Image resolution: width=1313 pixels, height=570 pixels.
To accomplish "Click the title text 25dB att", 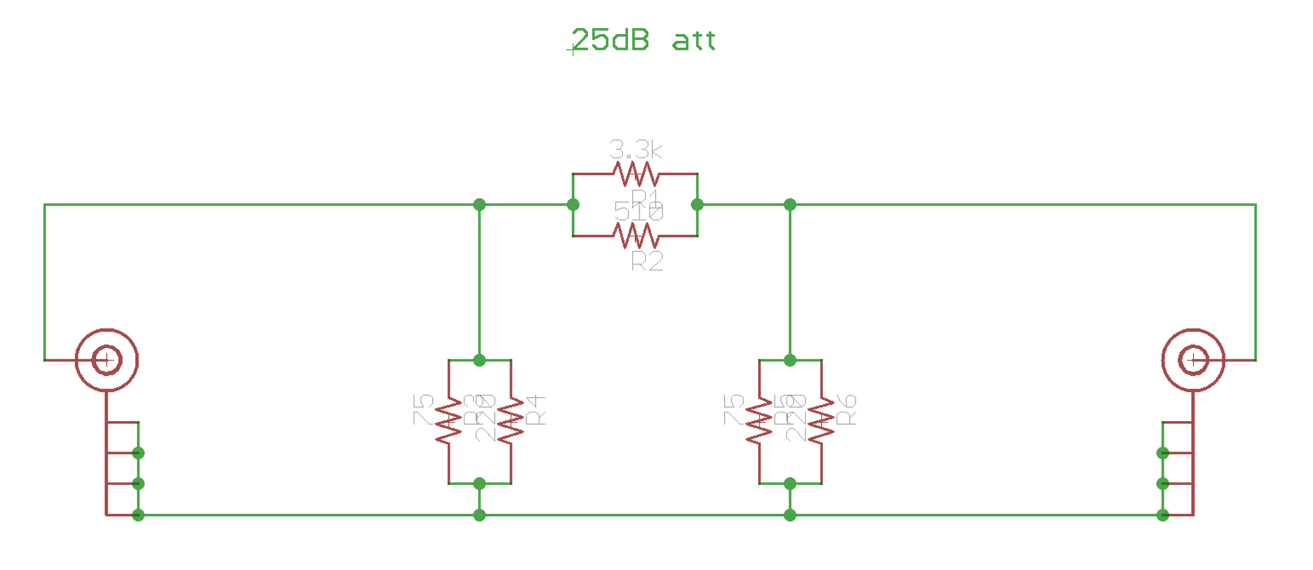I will pyautogui.click(x=643, y=40).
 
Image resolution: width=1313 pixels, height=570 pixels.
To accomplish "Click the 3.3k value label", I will pyautogui.click(x=636, y=150).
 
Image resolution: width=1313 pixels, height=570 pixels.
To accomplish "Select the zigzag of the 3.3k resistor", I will pyautogui.click(x=635, y=174).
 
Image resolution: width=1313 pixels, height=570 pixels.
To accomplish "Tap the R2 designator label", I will pyautogui.click(x=647, y=261).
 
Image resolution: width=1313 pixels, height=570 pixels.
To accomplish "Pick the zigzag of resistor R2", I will pyautogui.click(x=635, y=236).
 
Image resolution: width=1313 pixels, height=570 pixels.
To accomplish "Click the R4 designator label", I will pyautogui.click(x=535, y=410).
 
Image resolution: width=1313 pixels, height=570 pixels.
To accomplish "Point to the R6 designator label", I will pyautogui.click(x=846, y=410).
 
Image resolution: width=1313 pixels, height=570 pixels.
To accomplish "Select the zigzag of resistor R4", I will pyautogui.click(x=511, y=421).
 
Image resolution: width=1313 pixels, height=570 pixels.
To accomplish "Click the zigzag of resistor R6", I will pyautogui.click(x=821, y=421).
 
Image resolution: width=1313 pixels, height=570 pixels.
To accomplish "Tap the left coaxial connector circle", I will pyautogui.click(x=106, y=361).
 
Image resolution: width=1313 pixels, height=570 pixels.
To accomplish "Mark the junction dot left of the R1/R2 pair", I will pyautogui.click(x=573, y=205).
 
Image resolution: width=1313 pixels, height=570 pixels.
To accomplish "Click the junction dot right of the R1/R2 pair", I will pyautogui.click(x=697, y=205).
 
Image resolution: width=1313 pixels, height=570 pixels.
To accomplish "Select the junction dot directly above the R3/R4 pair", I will pyautogui.click(x=479, y=361).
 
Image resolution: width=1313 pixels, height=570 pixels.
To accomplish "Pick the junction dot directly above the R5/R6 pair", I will pyautogui.click(x=790, y=361).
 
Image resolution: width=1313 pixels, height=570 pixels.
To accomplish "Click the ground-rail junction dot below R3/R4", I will pyautogui.click(x=479, y=515).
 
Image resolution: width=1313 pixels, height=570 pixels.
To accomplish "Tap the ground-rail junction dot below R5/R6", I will pyautogui.click(x=790, y=515).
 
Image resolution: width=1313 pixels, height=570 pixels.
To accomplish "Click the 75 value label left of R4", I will pyautogui.click(x=423, y=410).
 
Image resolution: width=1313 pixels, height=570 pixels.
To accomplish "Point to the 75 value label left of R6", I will pyautogui.click(x=734, y=410).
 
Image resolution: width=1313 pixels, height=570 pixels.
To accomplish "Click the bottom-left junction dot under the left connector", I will pyautogui.click(x=138, y=515).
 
